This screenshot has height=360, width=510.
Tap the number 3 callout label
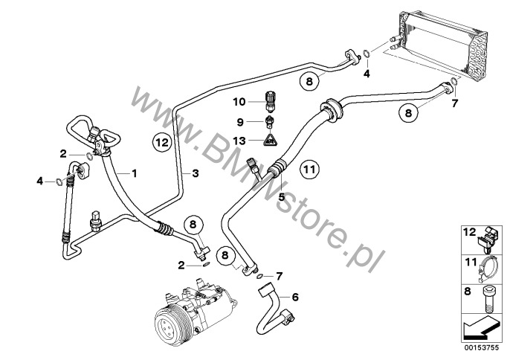pyautogui.click(x=196, y=173)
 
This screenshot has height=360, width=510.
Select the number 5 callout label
pyautogui.click(x=282, y=197)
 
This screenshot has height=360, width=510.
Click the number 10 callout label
pyautogui.click(x=239, y=101)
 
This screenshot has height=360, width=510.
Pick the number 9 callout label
pyautogui.click(x=240, y=121)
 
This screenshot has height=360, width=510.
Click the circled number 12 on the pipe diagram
pyautogui.click(x=163, y=141)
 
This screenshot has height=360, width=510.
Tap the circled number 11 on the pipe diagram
pyautogui.click(x=310, y=170)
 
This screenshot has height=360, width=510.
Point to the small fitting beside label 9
pyautogui.click(x=271, y=120)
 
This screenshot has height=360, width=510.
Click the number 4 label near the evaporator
pyautogui.click(x=367, y=73)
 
